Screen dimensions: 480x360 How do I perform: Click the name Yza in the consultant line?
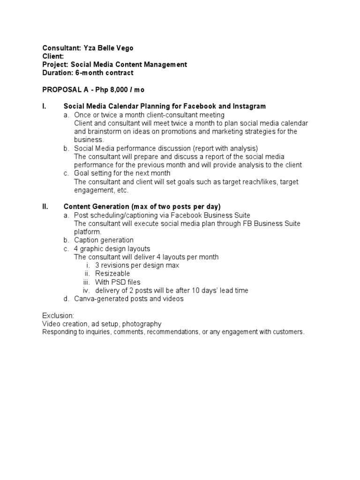click(x=89, y=48)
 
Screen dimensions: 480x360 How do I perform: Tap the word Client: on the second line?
click(x=53, y=56)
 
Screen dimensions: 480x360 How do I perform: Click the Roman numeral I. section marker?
click(x=44, y=106)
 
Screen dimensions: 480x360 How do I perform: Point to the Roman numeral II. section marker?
click(x=45, y=207)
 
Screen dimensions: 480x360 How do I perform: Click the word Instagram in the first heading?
click(x=249, y=106)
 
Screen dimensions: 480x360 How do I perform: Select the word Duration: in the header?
click(x=57, y=73)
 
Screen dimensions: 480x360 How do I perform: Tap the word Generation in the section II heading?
click(x=112, y=207)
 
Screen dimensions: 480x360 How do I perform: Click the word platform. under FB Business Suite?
click(x=88, y=232)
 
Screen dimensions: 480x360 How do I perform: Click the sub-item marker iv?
click(x=86, y=290)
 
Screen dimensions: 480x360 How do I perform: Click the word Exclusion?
click(x=58, y=315)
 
